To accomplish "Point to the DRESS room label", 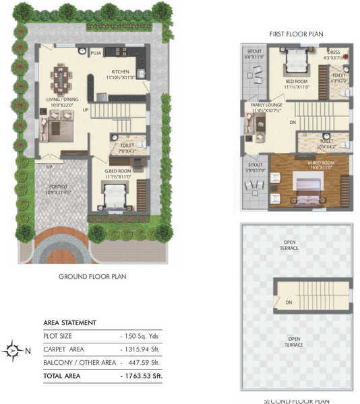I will pos(333,53).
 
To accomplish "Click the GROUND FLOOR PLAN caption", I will pos(93,276).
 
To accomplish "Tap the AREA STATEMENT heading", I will pos(70,323).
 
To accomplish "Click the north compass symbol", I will pos(11,350).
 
